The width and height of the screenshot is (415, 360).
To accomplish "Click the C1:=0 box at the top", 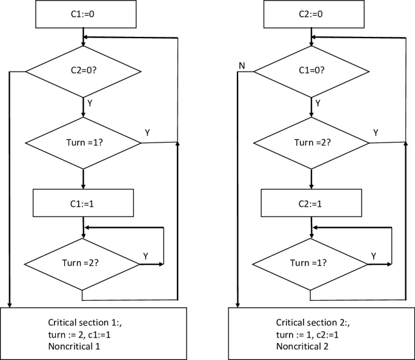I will [82, 14].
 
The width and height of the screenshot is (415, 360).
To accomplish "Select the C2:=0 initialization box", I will [310, 14].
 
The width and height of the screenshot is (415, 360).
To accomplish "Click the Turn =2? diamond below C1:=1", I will [82, 264].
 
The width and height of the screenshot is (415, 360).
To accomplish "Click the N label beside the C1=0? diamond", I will [241, 65].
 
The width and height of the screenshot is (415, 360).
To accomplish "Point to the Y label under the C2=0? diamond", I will [90, 104].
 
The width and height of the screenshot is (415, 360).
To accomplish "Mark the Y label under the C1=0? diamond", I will [317, 104].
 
